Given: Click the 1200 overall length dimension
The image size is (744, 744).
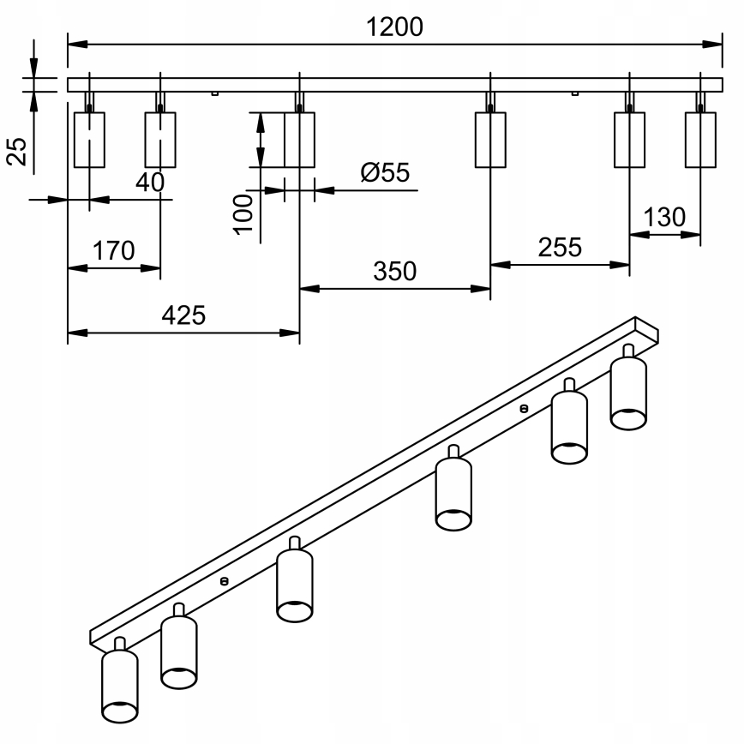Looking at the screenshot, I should coord(394,27).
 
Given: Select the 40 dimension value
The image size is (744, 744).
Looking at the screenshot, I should coord(151,183).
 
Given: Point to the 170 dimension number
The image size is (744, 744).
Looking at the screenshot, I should coord(114,251).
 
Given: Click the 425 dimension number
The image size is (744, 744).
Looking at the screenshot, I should coord(184,315).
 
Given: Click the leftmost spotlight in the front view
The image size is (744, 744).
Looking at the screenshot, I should coord(89,138).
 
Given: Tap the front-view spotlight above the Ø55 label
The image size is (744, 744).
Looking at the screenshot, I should coord(299,139).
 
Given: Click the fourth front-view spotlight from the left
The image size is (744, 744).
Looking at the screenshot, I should coord(489,139).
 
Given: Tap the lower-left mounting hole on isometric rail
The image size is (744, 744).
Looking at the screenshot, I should coord(225,580).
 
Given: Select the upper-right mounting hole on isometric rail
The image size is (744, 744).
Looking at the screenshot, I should coord(524,408).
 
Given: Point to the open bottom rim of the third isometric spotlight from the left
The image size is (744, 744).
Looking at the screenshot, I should coord(294,609).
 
